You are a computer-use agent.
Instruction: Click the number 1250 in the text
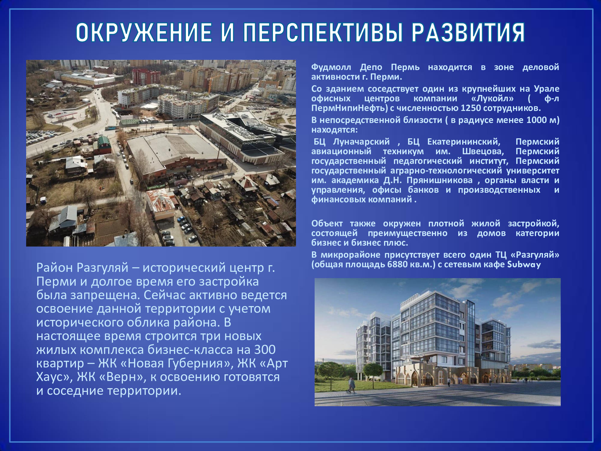pos(471,108)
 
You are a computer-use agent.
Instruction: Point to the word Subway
pos(524,265)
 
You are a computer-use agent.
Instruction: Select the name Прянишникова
pos(440,180)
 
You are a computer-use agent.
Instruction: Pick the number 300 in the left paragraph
pos(265,350)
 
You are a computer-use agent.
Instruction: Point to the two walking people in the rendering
pos(351,385)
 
